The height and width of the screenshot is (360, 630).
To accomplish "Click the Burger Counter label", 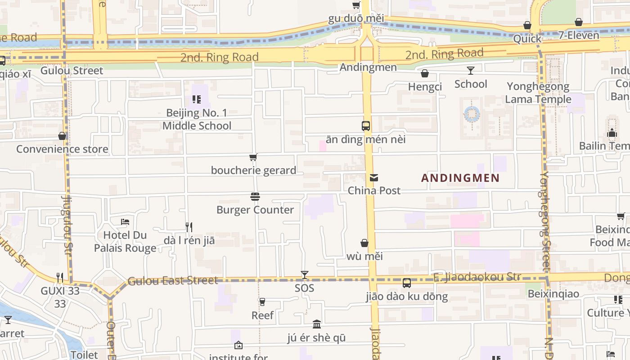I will click(x=255, y=210).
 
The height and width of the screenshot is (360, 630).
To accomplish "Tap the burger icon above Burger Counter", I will click(x=255, y=197).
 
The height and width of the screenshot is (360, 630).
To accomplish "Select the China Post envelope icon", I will click(x=373, y=178).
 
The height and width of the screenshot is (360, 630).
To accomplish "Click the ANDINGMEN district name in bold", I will click(x=460, y=178).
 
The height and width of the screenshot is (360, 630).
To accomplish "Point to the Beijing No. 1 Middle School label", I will click(x=197, y=119).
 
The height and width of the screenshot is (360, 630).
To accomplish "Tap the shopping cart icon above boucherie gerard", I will click(x=253, y=157).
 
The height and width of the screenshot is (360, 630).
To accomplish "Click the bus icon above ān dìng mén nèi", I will click(x=366, y=126).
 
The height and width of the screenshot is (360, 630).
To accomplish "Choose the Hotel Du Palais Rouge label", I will click(x=125, y=241).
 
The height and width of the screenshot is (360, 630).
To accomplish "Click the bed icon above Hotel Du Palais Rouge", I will click(x=125, y=222).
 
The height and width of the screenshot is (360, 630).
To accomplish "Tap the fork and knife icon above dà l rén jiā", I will click(x=189, y=227).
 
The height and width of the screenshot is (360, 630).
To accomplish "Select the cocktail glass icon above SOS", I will click(x=305, y=274).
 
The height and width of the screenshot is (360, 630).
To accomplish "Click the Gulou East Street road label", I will click(x=173, y=281).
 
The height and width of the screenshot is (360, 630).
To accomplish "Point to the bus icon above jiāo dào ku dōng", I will click(x=407, y=283).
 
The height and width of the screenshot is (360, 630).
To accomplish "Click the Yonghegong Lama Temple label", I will click(x=538, y=93).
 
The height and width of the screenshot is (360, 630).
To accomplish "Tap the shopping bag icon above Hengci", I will click(x=425, y=73).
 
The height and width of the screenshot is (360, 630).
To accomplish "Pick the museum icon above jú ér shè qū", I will click(x=317, y=324).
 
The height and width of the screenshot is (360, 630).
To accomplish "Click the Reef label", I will click(x=262, y=315).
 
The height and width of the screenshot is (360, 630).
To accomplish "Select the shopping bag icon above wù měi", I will click(x=364, y=243).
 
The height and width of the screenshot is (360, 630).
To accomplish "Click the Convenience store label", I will click(x=62, y=149).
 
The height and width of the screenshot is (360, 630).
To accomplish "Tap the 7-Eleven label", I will click(x=579, y=35).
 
